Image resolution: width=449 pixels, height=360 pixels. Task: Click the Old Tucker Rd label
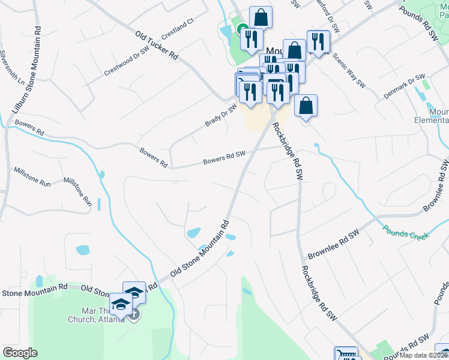tap(157, 46)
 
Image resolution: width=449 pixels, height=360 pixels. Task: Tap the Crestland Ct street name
tap(178, 28)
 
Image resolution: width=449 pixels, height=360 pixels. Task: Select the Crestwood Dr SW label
tap(126, 62)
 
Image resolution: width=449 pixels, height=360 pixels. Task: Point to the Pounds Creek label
tap(406, 232)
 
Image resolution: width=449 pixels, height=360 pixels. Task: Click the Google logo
tap(20, 353)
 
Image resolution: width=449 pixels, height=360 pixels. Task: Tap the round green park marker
tap(241, 28)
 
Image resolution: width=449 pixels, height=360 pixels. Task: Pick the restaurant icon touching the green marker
tap(250, 39)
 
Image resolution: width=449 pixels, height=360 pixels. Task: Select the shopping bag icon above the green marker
tap(261, 17)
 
